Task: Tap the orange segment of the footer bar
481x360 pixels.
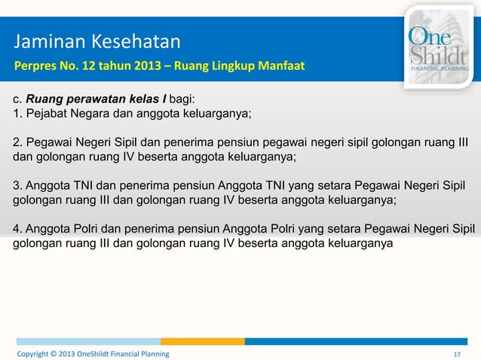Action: click(x=213, y=341)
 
